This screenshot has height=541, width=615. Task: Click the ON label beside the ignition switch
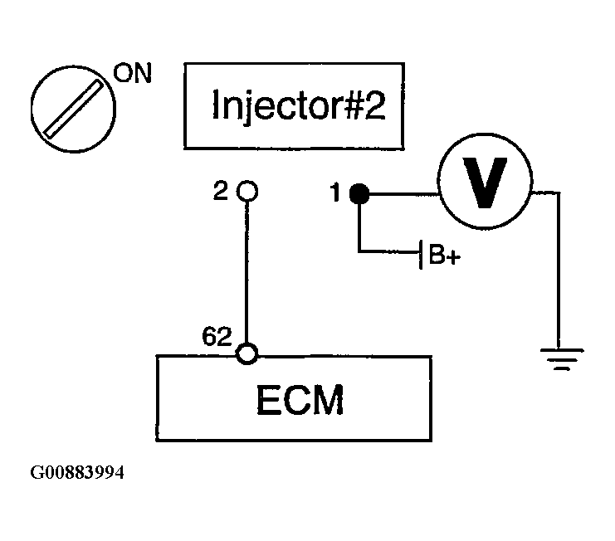[132, 73]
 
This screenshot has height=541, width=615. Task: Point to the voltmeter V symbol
[485, 181]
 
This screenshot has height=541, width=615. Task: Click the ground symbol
[562, 359]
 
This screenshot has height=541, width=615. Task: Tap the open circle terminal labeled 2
[247, 192]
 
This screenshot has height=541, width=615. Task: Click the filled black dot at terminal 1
[359, 193]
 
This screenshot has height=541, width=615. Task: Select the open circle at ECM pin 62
[247, 353]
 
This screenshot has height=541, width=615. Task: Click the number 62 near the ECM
[217, 336]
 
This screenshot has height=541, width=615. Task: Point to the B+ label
[444, 255]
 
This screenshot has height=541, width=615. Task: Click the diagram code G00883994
[77, 472]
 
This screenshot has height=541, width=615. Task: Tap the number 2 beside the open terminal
[221, 191]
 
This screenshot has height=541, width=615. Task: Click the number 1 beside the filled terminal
[335, 193]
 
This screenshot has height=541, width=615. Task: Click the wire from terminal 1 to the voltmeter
[403, 193]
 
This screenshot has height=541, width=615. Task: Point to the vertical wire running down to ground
[558, 270]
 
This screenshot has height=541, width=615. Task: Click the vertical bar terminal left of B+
[421, 255]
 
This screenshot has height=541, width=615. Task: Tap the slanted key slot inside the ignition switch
[73, 109]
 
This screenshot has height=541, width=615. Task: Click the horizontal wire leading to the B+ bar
[389, 251]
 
